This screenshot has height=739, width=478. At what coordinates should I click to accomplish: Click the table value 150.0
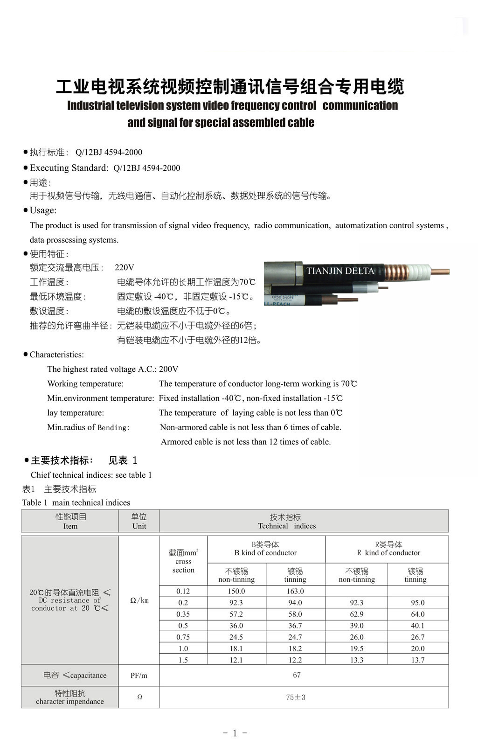pos(236,591)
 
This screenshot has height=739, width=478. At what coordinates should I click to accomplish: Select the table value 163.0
pos(295,591)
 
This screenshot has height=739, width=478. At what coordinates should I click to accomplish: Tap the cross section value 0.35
pos(183,614)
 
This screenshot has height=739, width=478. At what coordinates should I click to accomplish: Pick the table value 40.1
pos(417,626)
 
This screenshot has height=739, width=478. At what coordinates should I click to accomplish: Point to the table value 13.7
pos(417,660)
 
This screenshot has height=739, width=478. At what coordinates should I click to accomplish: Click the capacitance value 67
pos(297,675)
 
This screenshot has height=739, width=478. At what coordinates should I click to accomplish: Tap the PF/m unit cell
pos(139,676)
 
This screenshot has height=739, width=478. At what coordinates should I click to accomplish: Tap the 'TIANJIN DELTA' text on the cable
pos(340,271)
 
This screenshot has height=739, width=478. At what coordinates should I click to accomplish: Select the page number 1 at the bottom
pos(235,733)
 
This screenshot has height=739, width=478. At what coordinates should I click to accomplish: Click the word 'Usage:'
pos(43,210)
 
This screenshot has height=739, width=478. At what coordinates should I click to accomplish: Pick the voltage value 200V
pos(168,369)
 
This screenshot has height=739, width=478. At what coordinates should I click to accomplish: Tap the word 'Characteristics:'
pos(56,355)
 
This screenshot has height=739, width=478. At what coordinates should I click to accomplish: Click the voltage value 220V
pos(125,267)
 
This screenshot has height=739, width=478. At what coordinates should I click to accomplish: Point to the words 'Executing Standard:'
pos(69,168)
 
